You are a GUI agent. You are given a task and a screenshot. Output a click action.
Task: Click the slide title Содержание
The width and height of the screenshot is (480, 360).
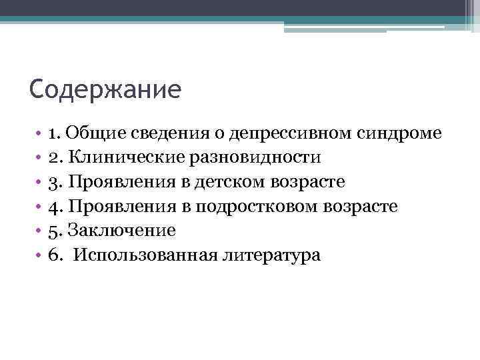[x=105, y=89]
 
